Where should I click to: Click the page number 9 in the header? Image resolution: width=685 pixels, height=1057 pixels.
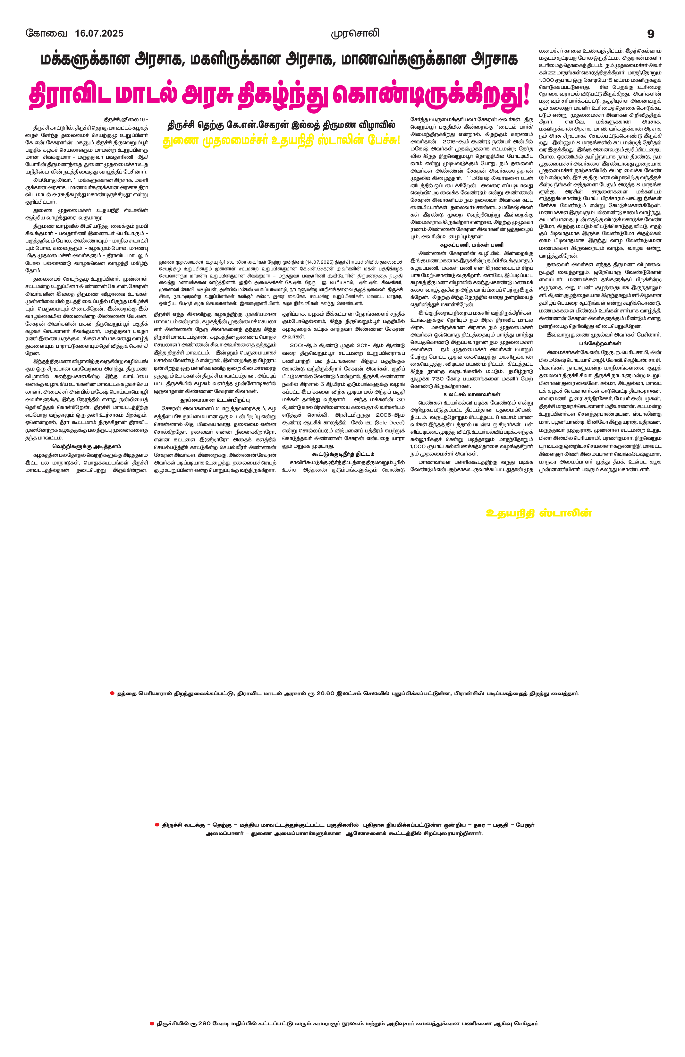coord(651,34)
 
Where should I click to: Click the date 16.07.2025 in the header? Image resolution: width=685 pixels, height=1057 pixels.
coord(99,34)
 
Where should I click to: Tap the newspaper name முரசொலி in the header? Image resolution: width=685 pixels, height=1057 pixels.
coord(355,33)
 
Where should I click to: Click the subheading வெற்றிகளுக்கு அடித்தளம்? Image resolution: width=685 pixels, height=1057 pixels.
coord(87,446)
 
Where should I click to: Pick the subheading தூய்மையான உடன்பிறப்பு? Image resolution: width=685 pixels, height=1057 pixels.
coord(215,400)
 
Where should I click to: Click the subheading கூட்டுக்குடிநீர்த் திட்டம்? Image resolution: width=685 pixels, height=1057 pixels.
coord(343,454)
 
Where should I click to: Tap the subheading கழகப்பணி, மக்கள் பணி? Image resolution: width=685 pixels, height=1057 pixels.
coord(471,245)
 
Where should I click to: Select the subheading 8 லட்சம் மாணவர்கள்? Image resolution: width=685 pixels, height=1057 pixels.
coord(471,394)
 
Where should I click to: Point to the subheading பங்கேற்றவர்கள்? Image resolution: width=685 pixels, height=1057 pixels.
coord(600,343)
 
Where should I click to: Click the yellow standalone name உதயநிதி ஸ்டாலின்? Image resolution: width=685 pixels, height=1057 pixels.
coord(539,513)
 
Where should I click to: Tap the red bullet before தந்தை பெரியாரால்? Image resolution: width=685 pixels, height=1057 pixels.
coord(112,693)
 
